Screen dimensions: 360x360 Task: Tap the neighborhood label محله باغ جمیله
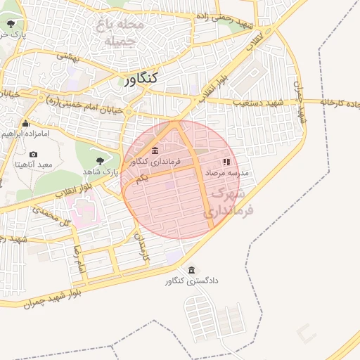pyautogui.click(x=124, y=33)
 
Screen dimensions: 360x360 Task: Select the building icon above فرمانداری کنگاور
pyautogui.click(x=155, y=150)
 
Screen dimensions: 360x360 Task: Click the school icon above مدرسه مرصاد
pyautogui.click(x=226, y=161)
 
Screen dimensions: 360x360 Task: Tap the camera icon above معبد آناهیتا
pyautogui.click(x=33, y=154)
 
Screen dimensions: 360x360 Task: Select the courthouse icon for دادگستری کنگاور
pyautogui.click(x=192, y=270)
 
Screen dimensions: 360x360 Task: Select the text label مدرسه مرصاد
pyautogui.click(x=224, y=172)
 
